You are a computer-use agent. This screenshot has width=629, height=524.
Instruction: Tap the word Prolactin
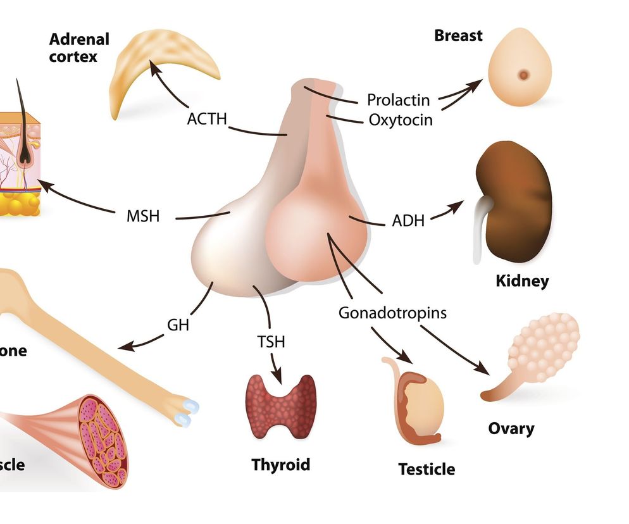click(x=398, y=100)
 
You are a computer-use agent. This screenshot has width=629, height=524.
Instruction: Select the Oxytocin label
click(x=401, y=119)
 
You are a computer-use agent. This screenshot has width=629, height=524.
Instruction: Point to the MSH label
click(x=143, y=216)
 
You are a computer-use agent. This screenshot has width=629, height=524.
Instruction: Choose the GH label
click(x=178, y=325)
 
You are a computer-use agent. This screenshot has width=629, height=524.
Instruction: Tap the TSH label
click(x=271, y=342)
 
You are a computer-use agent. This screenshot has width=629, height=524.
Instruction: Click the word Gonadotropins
click(x=392, y=313)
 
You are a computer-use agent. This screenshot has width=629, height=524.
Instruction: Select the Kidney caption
click(x=522, y=280)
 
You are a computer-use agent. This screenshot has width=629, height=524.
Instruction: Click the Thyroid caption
click(x=281, y=465)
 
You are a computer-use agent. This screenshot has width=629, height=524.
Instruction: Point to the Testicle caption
click(x=427, y=470)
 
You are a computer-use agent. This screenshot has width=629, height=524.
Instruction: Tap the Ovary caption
click(x=511, y=428)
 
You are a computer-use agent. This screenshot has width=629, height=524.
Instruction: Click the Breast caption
click(x=458, y=35)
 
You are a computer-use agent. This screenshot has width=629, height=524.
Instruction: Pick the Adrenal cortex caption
click(x=79, y=47)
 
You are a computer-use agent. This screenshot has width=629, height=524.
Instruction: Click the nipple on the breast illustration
click(x=524, y=75)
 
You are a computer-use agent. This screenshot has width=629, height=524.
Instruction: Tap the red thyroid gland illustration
click(x=280, y=405)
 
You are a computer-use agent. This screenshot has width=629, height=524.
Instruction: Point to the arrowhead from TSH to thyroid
click(x=277, y=378)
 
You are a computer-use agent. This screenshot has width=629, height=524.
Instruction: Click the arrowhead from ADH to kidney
click(x=459, y=206)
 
